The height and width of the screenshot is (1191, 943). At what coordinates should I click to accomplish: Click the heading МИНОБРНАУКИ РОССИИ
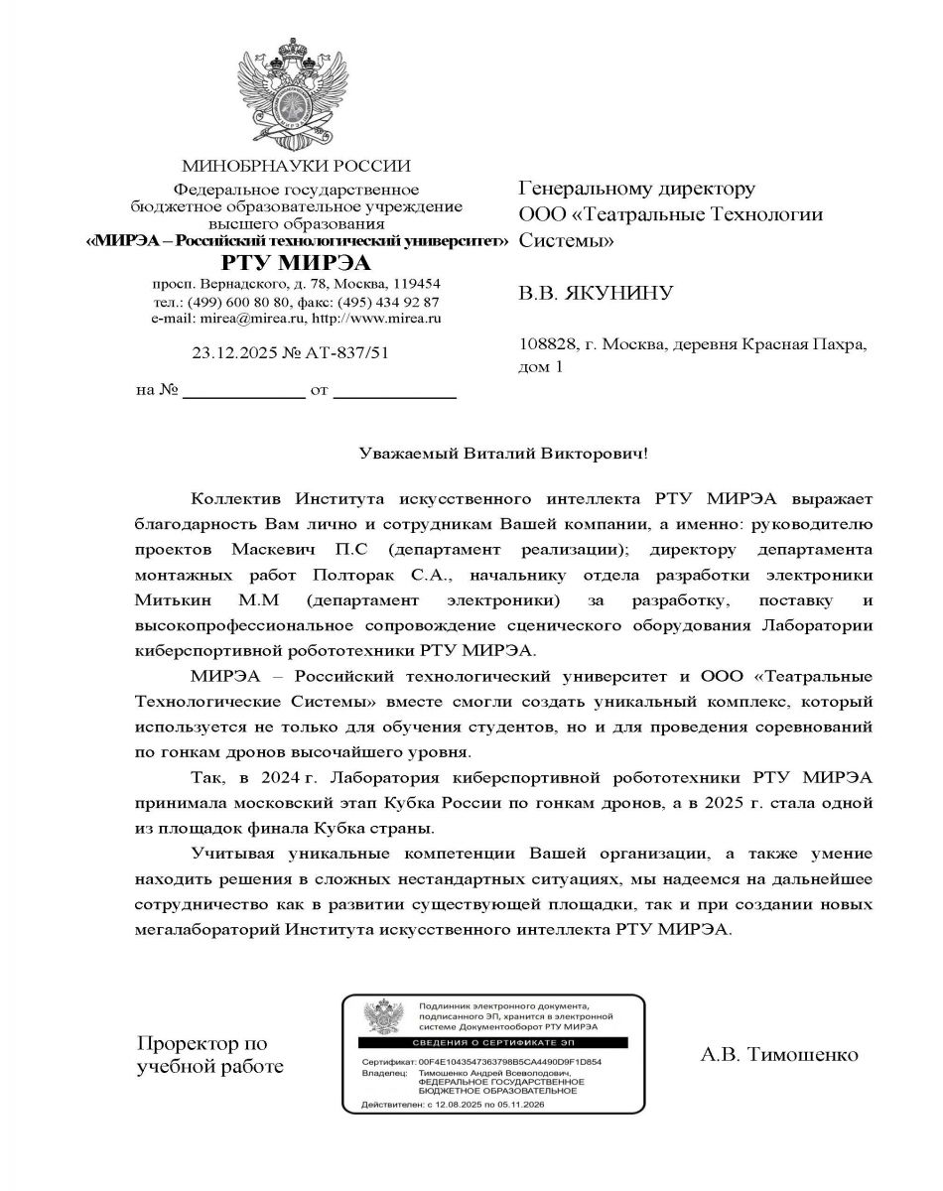(x=296, y=166)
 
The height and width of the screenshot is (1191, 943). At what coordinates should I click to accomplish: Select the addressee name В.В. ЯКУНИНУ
(x=596, y=293)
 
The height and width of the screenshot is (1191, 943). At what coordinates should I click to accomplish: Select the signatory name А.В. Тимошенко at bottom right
(x=778, y=1054)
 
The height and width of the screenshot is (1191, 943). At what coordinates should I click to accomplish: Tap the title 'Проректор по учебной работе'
(x=208, y=1055)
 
